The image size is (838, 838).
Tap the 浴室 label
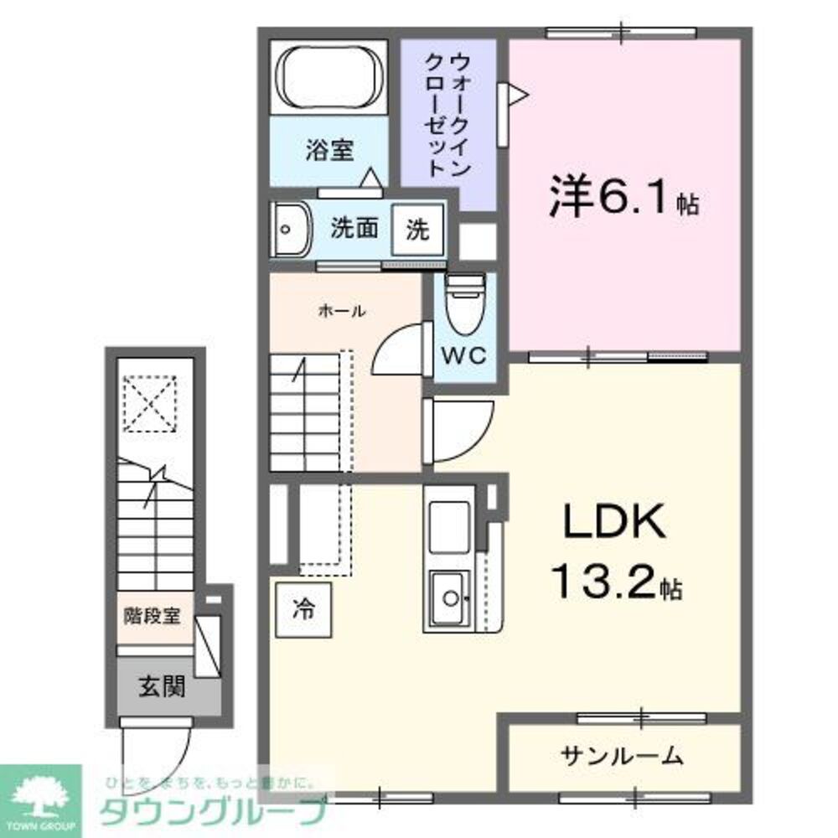329,152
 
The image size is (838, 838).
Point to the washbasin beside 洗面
291,229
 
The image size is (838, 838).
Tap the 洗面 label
354,229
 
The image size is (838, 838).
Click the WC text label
463,355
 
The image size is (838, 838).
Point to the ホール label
341,312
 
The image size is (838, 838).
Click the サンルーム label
622,757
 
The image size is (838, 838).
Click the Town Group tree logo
39,793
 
